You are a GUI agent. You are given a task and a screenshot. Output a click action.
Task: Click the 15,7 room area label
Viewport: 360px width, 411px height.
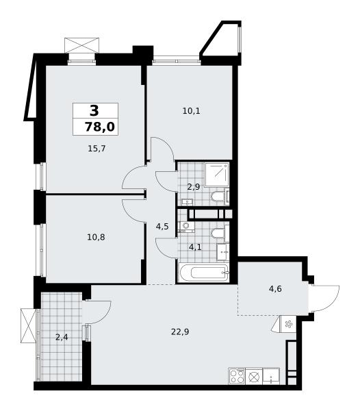[x=97, y=149]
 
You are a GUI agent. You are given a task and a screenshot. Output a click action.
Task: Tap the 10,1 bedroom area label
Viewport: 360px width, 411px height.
[x=192, y=111]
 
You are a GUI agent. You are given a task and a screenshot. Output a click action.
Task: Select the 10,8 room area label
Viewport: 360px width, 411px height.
[x=96, y=238]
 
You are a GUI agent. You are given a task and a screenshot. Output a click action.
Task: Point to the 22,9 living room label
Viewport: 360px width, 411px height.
[x=180, y=332]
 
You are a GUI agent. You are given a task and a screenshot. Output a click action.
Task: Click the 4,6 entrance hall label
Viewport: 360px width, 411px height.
[x=275, y=289]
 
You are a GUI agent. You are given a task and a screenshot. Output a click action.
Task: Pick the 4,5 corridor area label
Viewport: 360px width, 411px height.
[x=162, y=227]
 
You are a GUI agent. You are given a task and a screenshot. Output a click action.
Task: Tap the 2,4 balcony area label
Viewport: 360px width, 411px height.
[x=62, y=337]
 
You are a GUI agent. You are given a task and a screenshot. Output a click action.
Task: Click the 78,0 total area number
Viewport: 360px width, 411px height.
[x=100, y=127]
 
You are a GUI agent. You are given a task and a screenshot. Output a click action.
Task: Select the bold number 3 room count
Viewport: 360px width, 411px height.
[x=94, y=110]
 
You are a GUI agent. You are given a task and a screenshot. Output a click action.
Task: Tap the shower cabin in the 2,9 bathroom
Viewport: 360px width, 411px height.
[x=217, y=175]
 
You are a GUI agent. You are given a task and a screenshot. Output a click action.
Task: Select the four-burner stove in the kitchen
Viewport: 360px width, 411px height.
[x=237, y=376]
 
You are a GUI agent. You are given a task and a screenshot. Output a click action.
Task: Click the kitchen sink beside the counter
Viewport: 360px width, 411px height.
[x=271, y=376]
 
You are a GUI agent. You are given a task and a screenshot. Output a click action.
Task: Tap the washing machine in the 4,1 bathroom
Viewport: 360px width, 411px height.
[x=185, y=227]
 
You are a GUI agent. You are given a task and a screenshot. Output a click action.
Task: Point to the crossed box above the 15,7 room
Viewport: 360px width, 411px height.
[x=82, y=45]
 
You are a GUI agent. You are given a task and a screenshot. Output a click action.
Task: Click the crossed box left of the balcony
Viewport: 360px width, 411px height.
[x=28, y=325]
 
